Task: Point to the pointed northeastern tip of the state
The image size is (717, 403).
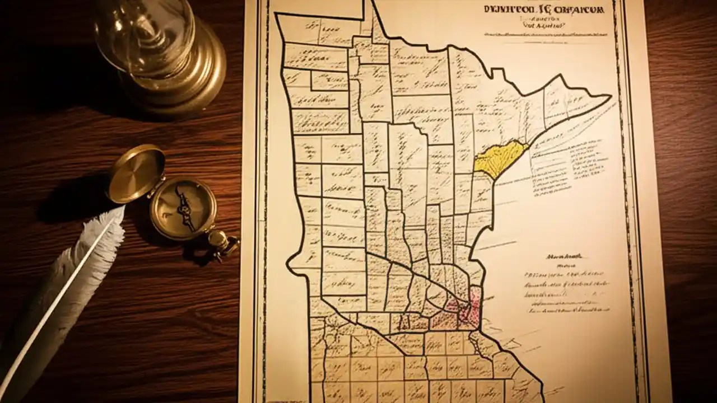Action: click(x=609, y=96)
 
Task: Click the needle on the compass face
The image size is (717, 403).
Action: click(x=183, y=208)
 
